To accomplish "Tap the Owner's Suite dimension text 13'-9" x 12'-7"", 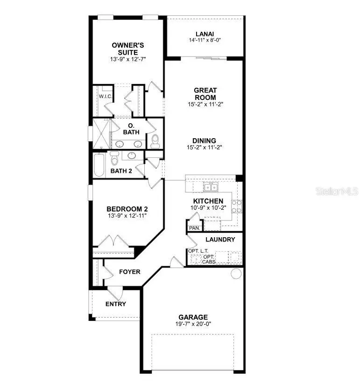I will [125, 60].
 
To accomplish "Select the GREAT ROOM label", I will [205, 94].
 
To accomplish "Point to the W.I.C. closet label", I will [104, 96].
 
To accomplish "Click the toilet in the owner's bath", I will [155, 140].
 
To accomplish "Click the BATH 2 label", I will [121, 171].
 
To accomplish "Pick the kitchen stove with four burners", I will [237, 206].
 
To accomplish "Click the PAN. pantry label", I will [194, 228].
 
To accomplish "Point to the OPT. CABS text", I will [209, 259].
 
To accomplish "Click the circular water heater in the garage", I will [236, 273].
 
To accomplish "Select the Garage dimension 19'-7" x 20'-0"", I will [192, 324].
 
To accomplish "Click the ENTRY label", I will [115, 304].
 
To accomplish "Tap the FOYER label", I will [129, 272].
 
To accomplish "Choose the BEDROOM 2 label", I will [124, 209].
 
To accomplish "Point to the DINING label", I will [204, 141].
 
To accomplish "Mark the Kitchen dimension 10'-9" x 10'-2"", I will [209, 207].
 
